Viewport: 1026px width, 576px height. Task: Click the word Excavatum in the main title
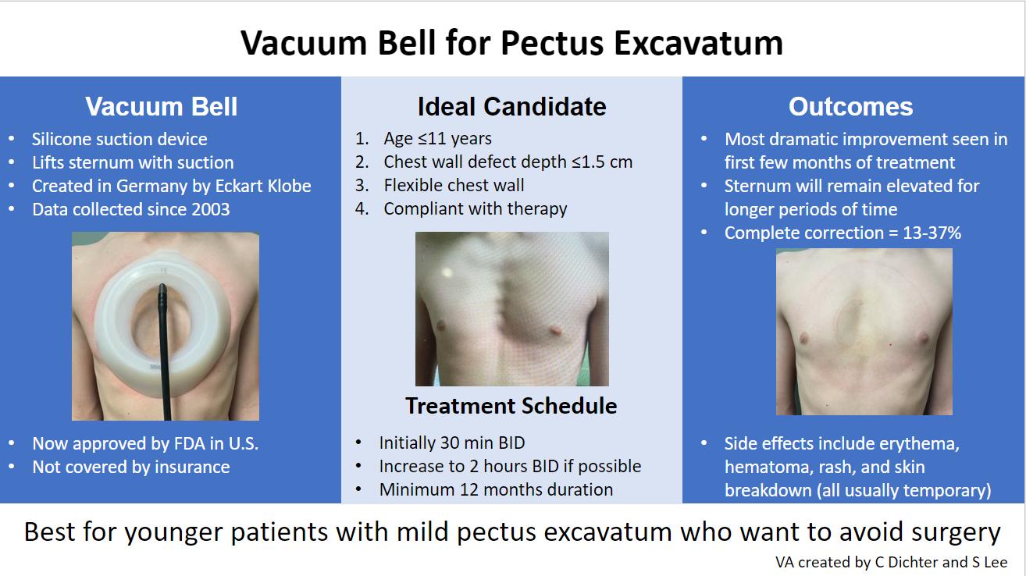pos(698,44)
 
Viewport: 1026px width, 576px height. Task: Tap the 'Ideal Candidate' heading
pos(511,107)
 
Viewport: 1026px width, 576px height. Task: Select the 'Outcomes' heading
pos(850,107)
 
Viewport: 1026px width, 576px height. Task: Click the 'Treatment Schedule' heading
pos(511,406)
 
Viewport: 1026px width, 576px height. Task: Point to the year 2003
pos(210,209)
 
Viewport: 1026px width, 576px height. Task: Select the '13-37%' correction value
pos(932,233)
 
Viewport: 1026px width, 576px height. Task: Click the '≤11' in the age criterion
pos(432,138)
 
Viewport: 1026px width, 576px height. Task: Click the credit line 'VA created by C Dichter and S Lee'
pos(892,562)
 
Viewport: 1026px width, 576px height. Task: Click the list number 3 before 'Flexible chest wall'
pos(362,185)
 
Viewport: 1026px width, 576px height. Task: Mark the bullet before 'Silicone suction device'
pos(12,138)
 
